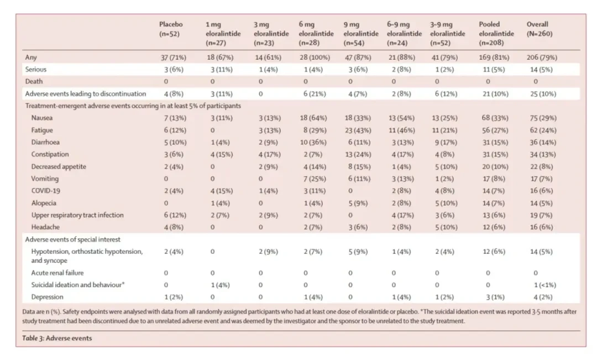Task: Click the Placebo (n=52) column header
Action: pos(171,29)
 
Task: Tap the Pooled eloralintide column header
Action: pos(496,34)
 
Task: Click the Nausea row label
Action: pos(42,118)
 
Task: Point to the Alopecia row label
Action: pos(44,203)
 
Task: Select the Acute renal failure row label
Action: pos(57,273)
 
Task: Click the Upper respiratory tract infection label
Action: pos(77,215)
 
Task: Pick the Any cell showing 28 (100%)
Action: pos(315,58)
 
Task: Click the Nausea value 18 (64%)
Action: pos(313,118)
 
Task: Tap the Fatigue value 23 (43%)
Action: pos(358,131)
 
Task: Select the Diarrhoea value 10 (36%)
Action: pos(313,143)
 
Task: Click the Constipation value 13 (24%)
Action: pos(358,155)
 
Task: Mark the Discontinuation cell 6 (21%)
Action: pos(315,93)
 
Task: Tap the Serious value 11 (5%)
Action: pos(494,70)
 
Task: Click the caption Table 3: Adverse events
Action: pos(57,338)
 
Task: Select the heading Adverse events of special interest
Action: pos(73,239)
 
